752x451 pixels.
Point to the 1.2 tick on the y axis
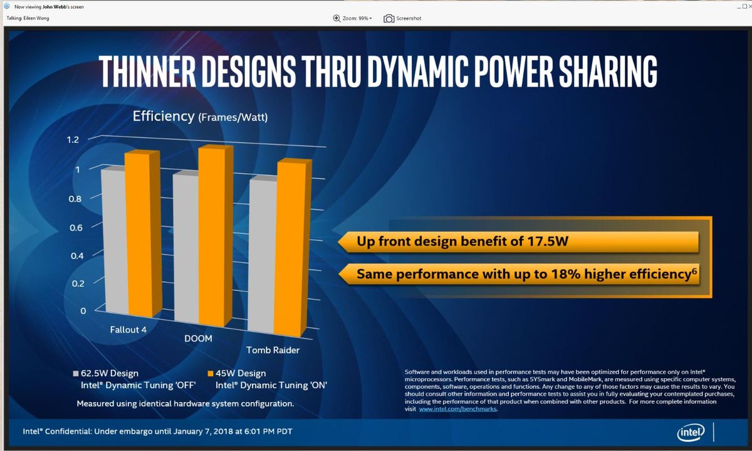coord(73,139)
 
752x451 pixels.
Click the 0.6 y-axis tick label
coord(76,227)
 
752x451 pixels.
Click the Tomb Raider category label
coord(273,350)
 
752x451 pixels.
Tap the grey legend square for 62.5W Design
coord(76,374)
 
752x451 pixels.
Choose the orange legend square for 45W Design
coord(211,374)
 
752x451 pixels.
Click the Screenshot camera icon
coord(389,18)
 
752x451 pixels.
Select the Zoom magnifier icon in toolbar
coord(337,18)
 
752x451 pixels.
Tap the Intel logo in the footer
coord(691,432)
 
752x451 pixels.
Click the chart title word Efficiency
coord(164,116)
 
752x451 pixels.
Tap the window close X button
coord(746,6)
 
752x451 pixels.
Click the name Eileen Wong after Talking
coord(35,18)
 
